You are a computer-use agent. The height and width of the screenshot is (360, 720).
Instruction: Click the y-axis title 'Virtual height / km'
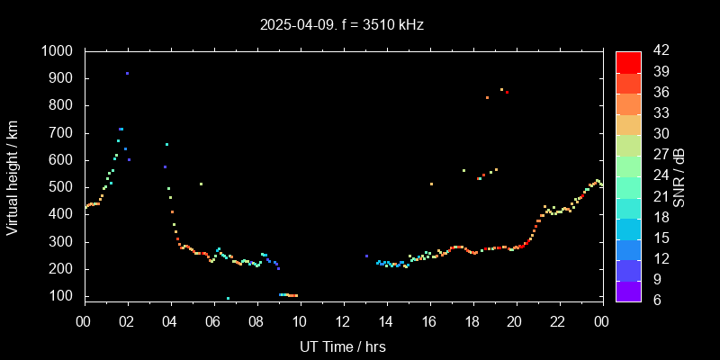pos(13,176)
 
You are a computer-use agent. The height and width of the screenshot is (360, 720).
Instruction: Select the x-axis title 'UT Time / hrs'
pos(343,346)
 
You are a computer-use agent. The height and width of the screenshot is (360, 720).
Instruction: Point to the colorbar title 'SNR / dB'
pos(679,176)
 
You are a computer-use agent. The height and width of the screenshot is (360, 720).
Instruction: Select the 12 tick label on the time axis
pos(343,321)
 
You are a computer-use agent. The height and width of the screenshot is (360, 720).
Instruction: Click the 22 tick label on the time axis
pos(559,321)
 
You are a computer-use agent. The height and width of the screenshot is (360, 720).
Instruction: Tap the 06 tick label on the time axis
pos(213,321)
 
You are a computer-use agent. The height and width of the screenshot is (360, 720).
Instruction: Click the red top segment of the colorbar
pos(628,61)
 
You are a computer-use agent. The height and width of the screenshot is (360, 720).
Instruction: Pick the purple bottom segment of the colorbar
pos(628,290)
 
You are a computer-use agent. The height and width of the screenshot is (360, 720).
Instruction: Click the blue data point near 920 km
pos(127,73)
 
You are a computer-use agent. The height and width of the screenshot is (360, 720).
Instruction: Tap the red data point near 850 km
pos(507,92)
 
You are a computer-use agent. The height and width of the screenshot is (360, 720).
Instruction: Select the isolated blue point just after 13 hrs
pos(366,256)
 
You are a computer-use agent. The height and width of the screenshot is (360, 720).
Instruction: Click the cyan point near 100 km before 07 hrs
pos(228,298)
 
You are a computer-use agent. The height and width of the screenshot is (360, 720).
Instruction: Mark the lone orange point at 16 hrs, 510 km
pos(431,184)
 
